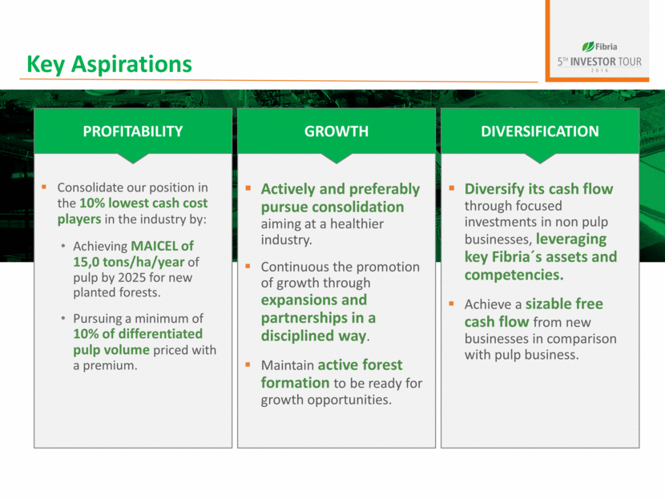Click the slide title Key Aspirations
click(110, 64)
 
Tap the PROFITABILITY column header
click(133, 131)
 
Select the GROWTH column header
click(337, 131)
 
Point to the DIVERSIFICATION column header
click(540, 131)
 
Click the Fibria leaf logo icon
click(588, 46)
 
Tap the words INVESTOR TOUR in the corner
click(606, 62)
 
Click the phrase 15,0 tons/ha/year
click(129, 263)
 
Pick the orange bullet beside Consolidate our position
click(44, 187)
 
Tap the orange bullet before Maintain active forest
click(248, 364)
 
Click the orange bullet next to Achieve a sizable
click(452, 304)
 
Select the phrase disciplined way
click(313, 336)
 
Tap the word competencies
click(513, 276)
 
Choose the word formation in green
click(295, 383)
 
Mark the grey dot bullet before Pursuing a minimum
click(63, 318)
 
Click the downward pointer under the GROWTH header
click(337, 158)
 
